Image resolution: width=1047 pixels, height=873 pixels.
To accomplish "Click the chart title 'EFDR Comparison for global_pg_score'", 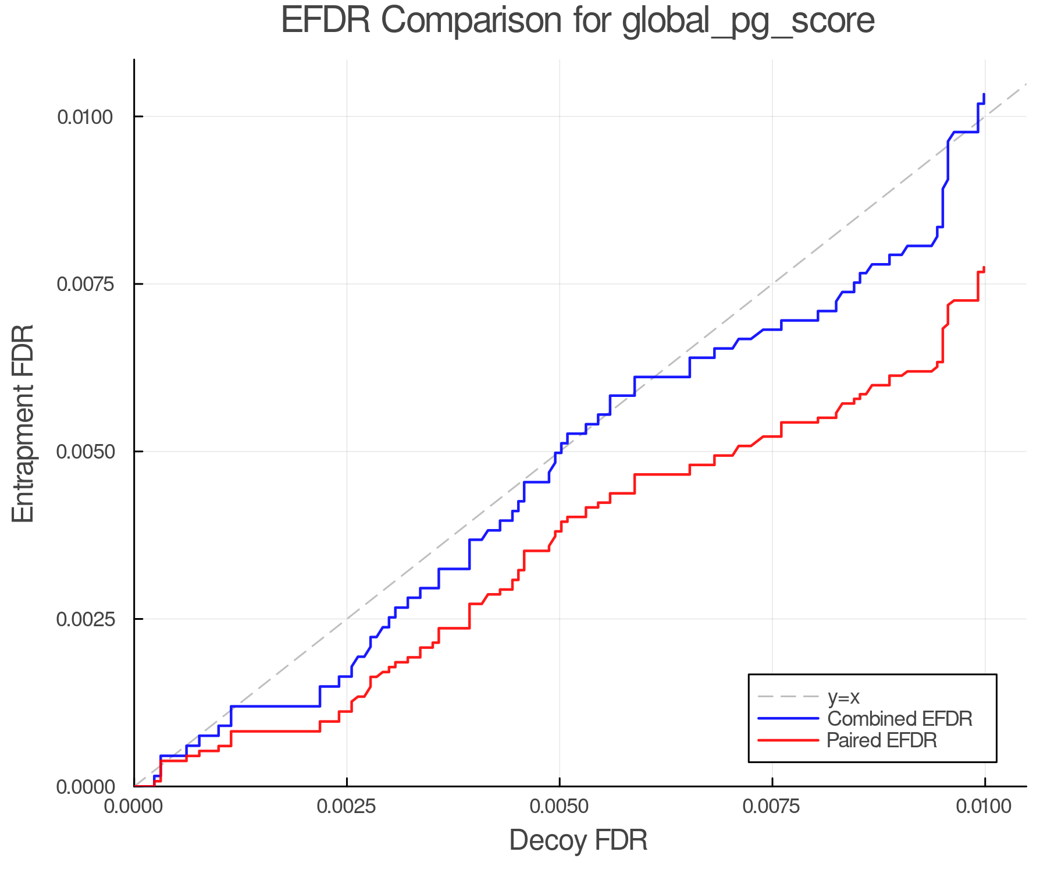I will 578,21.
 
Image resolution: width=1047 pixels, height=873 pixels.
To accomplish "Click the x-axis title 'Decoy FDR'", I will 578,840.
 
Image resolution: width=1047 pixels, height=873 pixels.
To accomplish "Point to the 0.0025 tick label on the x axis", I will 347,807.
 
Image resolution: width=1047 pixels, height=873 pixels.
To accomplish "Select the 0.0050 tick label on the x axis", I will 560,807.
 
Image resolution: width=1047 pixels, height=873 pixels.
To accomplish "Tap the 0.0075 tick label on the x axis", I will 772,807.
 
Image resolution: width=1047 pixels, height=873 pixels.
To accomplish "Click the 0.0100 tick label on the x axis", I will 985,807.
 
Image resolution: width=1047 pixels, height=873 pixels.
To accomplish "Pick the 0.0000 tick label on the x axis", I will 134,807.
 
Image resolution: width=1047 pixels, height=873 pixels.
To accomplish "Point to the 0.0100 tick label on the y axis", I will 84,117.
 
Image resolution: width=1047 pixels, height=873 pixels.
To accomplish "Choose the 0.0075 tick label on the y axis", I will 84,284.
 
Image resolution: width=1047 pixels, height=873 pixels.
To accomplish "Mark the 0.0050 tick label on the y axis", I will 84,452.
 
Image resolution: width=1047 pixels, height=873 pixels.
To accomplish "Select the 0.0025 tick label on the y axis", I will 84,619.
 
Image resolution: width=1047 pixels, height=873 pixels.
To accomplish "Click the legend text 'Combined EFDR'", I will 899,719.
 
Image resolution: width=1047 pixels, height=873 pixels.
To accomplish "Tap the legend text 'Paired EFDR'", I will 882,740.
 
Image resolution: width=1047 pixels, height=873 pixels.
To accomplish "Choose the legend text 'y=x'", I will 843,697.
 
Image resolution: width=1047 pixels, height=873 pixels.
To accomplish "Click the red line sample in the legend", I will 788,740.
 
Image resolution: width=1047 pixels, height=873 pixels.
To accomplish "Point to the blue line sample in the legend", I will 788,719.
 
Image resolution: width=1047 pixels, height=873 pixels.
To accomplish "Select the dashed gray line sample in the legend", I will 788,697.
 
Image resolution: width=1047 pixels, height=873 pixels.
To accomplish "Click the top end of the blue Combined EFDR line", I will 984,94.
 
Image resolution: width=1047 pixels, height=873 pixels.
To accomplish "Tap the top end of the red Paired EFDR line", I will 984,267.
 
